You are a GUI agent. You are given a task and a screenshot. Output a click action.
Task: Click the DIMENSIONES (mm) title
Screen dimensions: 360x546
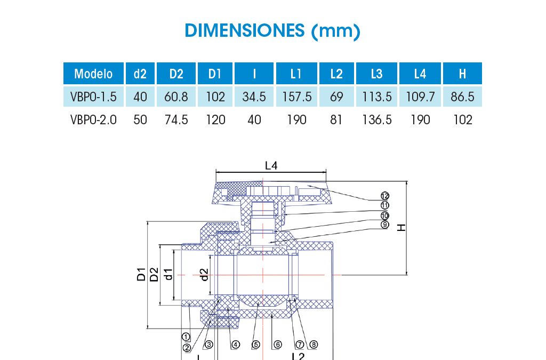click(x=272, y=30)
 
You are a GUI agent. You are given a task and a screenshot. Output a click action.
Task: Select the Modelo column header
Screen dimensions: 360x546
click(x=93, y=74)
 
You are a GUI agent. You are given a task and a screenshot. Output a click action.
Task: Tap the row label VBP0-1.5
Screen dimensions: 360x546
click(x=93, y=97)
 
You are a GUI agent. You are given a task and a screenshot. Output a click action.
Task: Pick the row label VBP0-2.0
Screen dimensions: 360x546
click(x=93, y=120)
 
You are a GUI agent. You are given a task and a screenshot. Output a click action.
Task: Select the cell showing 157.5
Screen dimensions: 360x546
click(x=296, y=97)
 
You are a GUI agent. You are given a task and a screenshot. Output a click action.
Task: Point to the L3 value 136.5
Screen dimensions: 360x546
click(x=376, y=120)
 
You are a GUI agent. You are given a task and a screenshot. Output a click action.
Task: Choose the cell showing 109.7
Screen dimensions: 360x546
click(x=420, y=97)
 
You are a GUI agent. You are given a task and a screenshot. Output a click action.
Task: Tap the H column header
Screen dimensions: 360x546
click(x=462, y=74)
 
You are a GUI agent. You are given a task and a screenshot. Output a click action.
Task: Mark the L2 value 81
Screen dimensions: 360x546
click(x=336, y=120)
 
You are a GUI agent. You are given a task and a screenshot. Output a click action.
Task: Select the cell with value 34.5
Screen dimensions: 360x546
click(x=254, y=97)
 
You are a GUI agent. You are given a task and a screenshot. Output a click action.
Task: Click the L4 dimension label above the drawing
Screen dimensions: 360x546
click(x=271, y=166)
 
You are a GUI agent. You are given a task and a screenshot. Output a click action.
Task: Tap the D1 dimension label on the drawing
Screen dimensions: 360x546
click(x=141, y=275)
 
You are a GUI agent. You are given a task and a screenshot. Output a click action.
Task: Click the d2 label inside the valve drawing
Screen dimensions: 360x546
click(x=204, y=275)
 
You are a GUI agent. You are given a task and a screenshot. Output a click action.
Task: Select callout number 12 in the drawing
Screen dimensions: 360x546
click(x=385, y=196)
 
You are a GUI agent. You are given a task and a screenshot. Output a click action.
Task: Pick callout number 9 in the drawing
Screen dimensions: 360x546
click(x=385, y=225)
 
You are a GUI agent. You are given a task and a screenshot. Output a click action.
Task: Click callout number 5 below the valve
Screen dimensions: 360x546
click(x=256, y=345)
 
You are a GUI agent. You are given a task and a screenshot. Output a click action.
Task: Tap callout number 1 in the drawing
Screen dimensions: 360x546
click(x=186, y=337)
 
